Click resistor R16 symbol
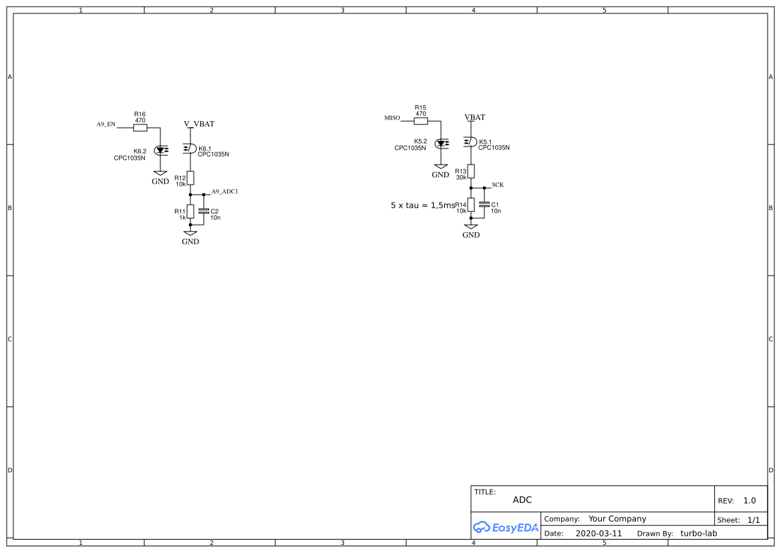click(x=140, y=128)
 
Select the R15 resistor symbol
click(x=420, y=121)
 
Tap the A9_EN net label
click(x=106, y=124)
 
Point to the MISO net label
click(x=392, y=118)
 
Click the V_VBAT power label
click(x=199, y=124)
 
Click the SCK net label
click(x=498, y=185)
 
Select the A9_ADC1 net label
click(x=224, y=191)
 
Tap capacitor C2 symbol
click(x=204, y=211)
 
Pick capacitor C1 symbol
click(x=484, y=205)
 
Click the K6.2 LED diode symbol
click(x=160, y=150)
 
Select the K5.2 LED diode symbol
click(x=441, y=143)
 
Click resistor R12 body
click(x=190, y=177)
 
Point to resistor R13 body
click(x=471, y=171)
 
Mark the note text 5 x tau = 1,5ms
click(x=422, y=205)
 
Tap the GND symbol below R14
click(x=471, y=230)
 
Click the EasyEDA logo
click(x=506, y=527)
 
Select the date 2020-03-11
click(x=598, y=534)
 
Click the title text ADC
click(x=522, y=500)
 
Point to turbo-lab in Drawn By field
click(x=698, y=534)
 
